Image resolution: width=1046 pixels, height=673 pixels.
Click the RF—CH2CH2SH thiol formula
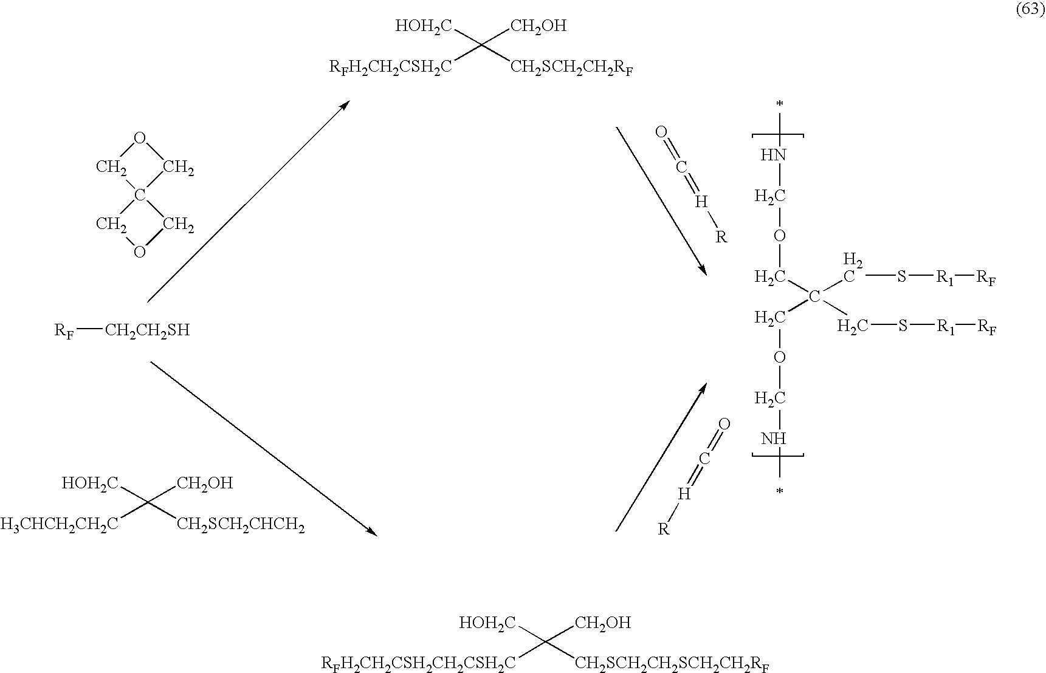[122, 330]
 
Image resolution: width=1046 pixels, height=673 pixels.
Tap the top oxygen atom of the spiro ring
[140, 138]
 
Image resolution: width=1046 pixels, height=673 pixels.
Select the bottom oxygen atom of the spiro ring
[140, 251]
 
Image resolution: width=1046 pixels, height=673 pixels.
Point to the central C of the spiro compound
[140, 195]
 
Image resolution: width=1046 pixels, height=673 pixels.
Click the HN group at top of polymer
[773, 155]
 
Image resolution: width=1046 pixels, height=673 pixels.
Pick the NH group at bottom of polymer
[773, 439]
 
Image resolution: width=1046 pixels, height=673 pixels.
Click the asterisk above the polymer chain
[780, 105]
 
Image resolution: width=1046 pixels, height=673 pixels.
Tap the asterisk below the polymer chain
[780, 491]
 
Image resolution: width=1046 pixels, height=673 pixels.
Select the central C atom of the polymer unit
[814, 296]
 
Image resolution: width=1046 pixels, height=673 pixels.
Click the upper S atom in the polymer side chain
[902, 277]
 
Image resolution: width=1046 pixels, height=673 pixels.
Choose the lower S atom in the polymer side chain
[903, 327]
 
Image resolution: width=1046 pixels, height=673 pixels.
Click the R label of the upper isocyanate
[721, 237]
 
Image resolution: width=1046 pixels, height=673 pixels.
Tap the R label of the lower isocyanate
[664, 529]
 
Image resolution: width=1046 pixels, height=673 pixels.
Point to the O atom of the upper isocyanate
[662, 132]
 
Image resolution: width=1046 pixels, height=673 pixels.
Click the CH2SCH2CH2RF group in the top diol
[572, 67]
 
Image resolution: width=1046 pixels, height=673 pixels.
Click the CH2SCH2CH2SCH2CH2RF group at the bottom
[672, 663]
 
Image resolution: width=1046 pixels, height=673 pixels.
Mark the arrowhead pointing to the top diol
[344, 106]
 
